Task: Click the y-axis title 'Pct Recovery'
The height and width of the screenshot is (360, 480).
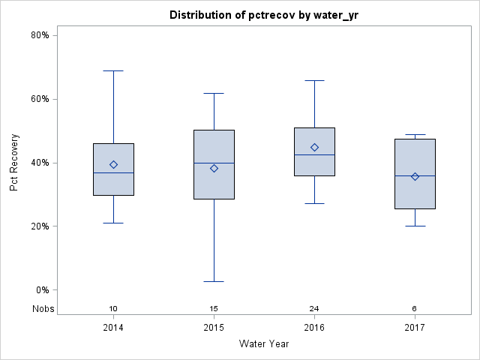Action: pos(15,163)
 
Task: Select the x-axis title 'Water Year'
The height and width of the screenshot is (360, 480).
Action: pos(264,344)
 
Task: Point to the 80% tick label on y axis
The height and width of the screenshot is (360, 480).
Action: pos(40,35)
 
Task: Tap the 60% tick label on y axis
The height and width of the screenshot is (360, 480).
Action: pos(40,99)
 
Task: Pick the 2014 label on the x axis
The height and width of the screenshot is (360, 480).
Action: pos(113,328)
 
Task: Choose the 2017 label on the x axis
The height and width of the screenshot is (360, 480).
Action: pos(415,328)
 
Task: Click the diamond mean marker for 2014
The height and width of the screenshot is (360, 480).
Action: pos(113,164)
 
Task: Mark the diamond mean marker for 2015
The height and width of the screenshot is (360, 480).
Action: pos(214,168)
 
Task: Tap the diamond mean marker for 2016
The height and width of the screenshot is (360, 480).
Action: pos(314,147)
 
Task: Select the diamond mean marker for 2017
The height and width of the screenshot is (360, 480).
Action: pos(415,176)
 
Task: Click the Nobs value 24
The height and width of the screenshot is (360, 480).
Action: pos(314,309)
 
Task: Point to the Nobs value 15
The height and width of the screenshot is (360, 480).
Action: pos(214,309)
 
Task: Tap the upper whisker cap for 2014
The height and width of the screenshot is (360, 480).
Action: pos(113,70)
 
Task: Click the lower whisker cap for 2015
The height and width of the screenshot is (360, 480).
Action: pos(214,281)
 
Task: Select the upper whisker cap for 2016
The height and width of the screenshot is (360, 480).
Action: pos(314,80)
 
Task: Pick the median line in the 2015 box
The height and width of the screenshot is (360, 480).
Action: pos(214,163)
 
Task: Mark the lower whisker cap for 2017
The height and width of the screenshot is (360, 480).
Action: pos(415,226)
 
